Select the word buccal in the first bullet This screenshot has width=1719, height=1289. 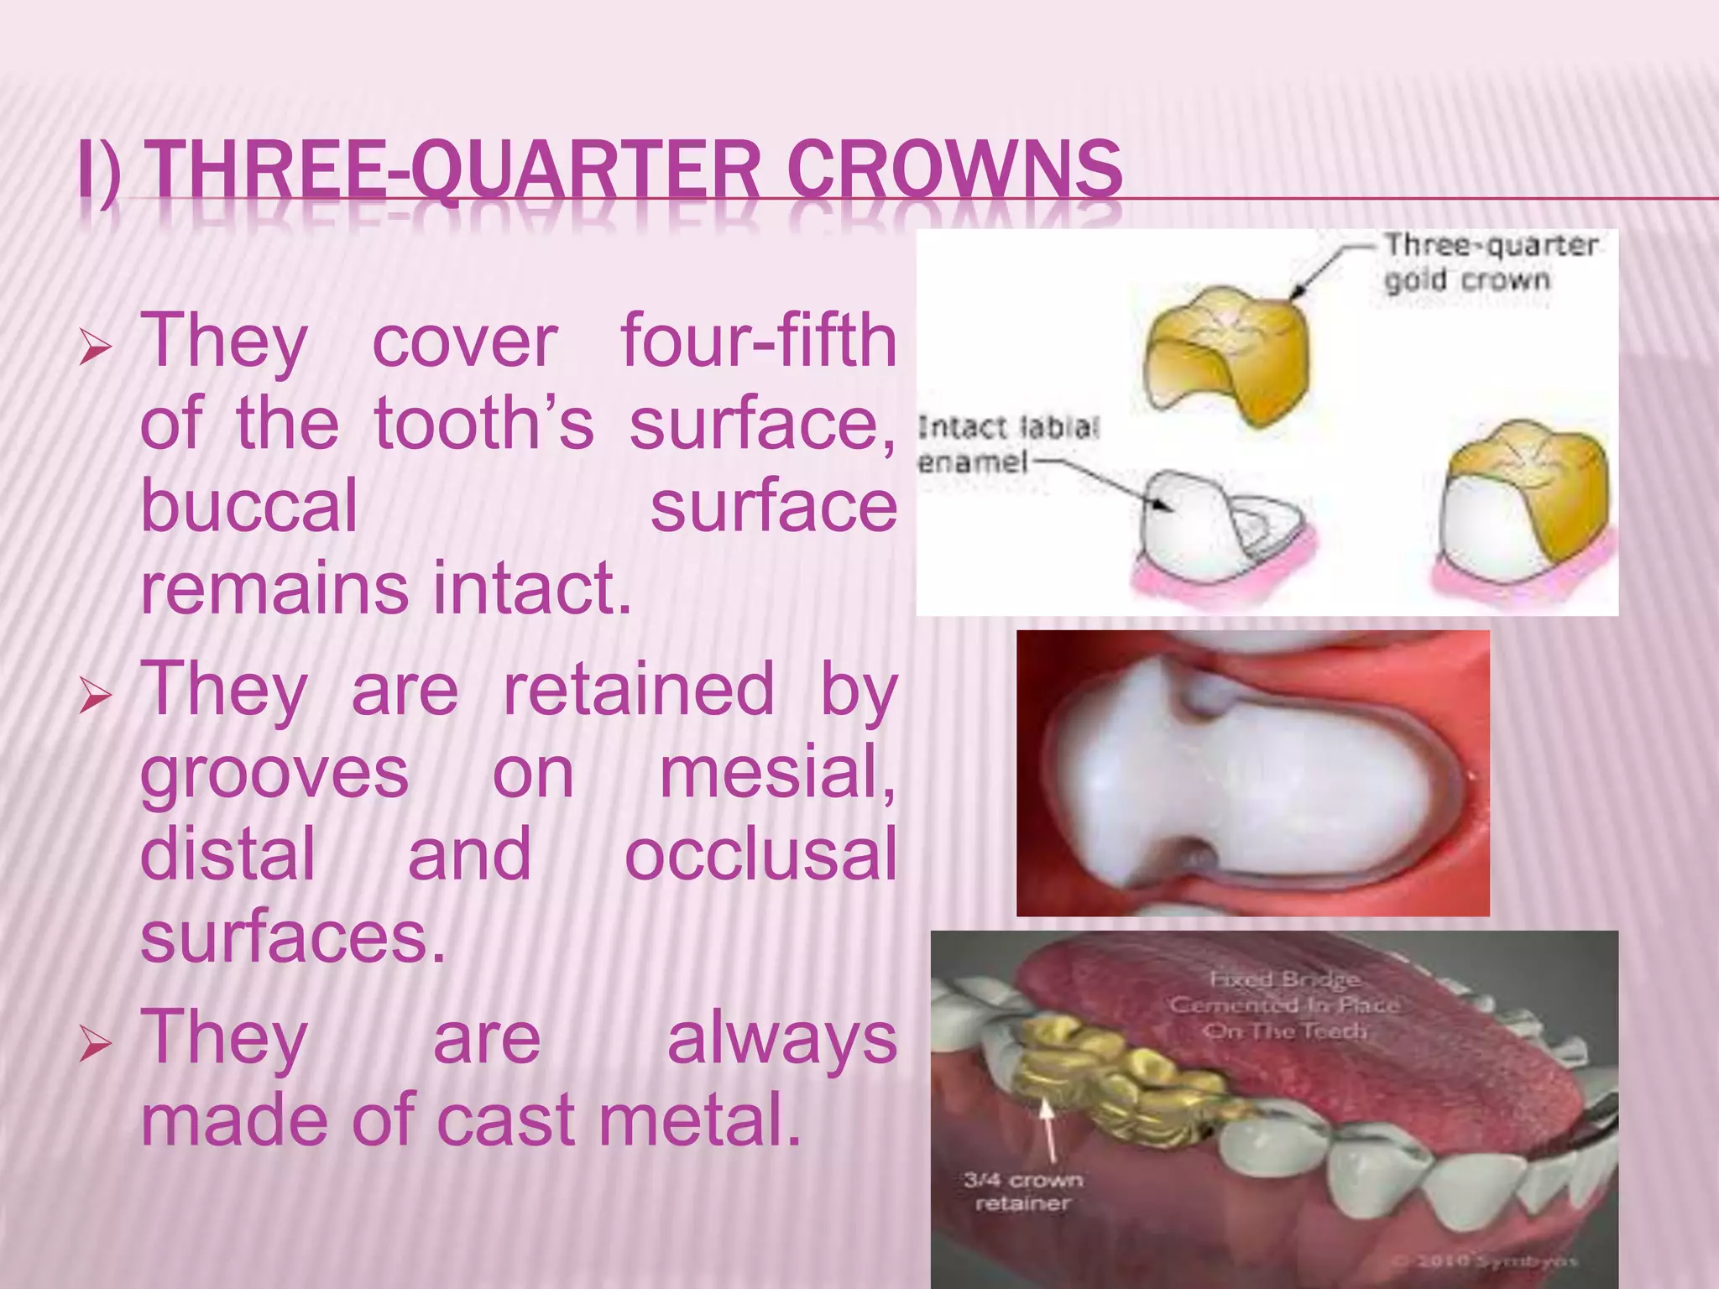coord(249,506)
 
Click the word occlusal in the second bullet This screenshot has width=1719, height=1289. coord(760,853)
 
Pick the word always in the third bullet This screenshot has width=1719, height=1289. coord(781,1037)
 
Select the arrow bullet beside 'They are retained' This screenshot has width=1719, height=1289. coord(95,696)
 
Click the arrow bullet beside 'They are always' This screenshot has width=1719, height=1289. coord(95,1045)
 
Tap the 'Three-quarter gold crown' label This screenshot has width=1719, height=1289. coord(1489,262)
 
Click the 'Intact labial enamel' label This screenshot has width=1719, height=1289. coord(1007,444)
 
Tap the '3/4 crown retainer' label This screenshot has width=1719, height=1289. coord(1022,1191)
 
